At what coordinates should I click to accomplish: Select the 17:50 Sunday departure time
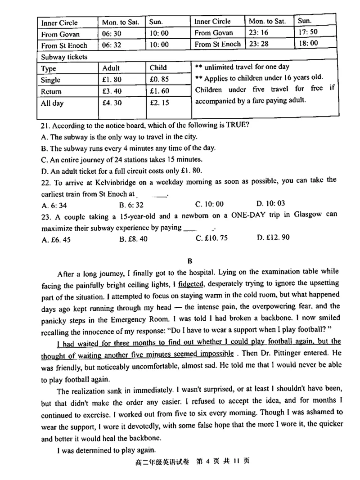307,32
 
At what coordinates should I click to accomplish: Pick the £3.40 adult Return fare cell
112,92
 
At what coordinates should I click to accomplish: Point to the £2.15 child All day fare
159,103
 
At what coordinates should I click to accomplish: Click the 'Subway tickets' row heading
64,57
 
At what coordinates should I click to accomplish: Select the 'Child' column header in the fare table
158,68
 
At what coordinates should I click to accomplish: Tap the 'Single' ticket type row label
51,80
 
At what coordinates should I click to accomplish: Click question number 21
45,125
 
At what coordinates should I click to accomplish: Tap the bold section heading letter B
190,260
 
